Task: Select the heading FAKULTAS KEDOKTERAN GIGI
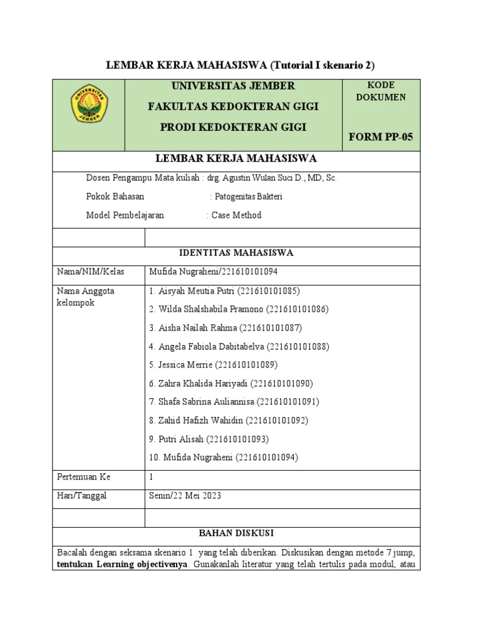point(233,106)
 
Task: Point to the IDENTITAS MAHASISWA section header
point(236,253)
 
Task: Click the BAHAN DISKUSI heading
point(236,533)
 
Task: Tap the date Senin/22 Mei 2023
point(185,496)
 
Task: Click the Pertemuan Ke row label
point(83,477)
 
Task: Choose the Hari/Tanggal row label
point(82,496)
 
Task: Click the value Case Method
point(236,215)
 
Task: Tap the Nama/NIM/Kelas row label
point(91,272)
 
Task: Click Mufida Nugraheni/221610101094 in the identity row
point(213,272)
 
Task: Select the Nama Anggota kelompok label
point(86,297)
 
